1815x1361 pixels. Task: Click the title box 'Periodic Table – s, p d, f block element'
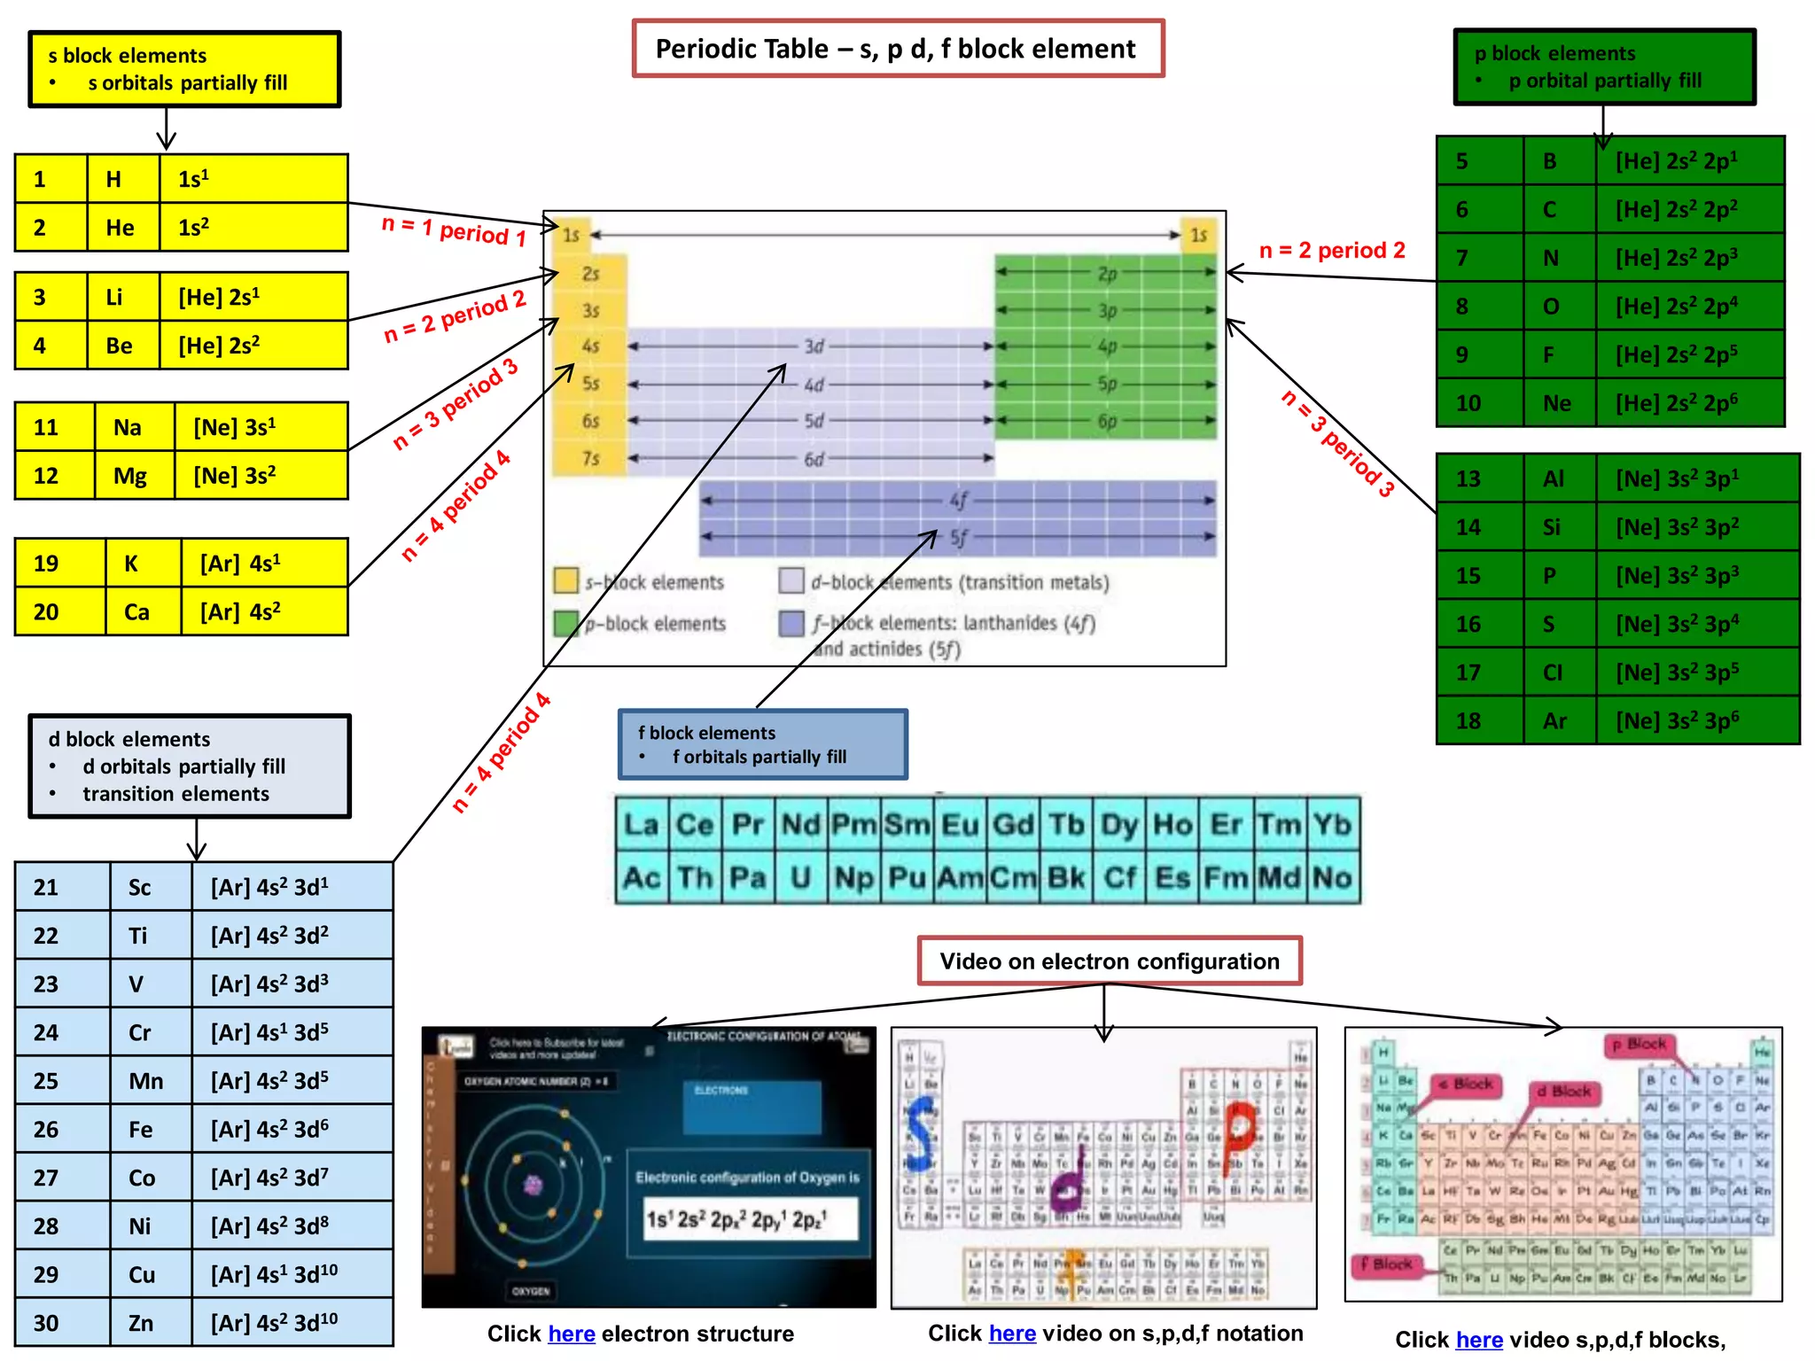click(x=897, y=49)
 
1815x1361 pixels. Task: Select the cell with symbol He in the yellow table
click(x=122, y=228)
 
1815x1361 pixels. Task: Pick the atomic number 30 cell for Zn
click(x=62, y=1323)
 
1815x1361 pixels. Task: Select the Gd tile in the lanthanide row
click(x=1013, y=825)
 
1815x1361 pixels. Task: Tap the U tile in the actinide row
click(x=800, y=878)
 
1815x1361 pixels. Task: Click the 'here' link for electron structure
click(x=571, y=1334)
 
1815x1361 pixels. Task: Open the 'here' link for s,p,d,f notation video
click(x=1012, y=1333)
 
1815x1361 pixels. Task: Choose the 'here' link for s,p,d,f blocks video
click(x=1479, y=1340)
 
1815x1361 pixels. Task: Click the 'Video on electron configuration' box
click(x=1110, y=961)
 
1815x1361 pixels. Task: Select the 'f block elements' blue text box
click(x=762, y=744)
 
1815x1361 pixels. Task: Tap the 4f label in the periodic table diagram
click(x=959, y=500)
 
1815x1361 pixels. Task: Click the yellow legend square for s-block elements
click(x=565, y=580)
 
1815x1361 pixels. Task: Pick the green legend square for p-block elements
click(x=565, y=623)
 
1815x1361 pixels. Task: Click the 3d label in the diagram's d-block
click(x=814, y=346)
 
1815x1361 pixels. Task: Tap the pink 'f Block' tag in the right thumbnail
click(x=1388, y=1264)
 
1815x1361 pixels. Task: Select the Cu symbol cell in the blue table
click(x=142, y=1275)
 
